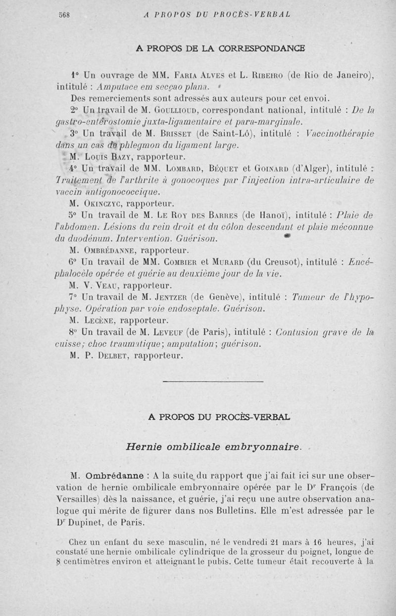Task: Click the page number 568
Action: click(x=64, y=15)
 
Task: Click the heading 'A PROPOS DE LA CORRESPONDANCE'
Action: click(x=220, y=48)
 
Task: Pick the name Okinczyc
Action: click(x=102, y=203)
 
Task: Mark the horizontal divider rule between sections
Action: click(x=220, y=382)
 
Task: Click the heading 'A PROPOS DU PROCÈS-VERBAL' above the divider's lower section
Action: click(x=220, y=417)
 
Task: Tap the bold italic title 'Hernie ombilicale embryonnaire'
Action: click(x=213, y=447)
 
